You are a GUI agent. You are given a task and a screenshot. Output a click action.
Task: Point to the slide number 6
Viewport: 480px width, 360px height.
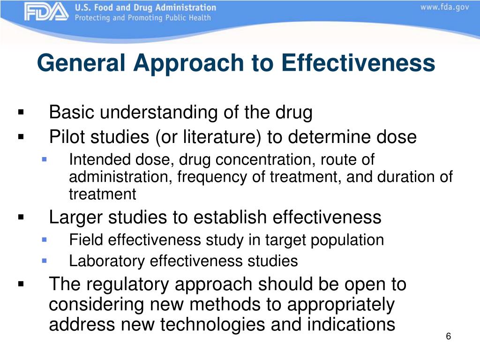[x=448, y=337]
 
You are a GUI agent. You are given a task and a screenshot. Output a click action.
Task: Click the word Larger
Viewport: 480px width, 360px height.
[x=76, y=217]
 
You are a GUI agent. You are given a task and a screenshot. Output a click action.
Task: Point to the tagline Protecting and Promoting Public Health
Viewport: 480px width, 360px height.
[x=142, y=18]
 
